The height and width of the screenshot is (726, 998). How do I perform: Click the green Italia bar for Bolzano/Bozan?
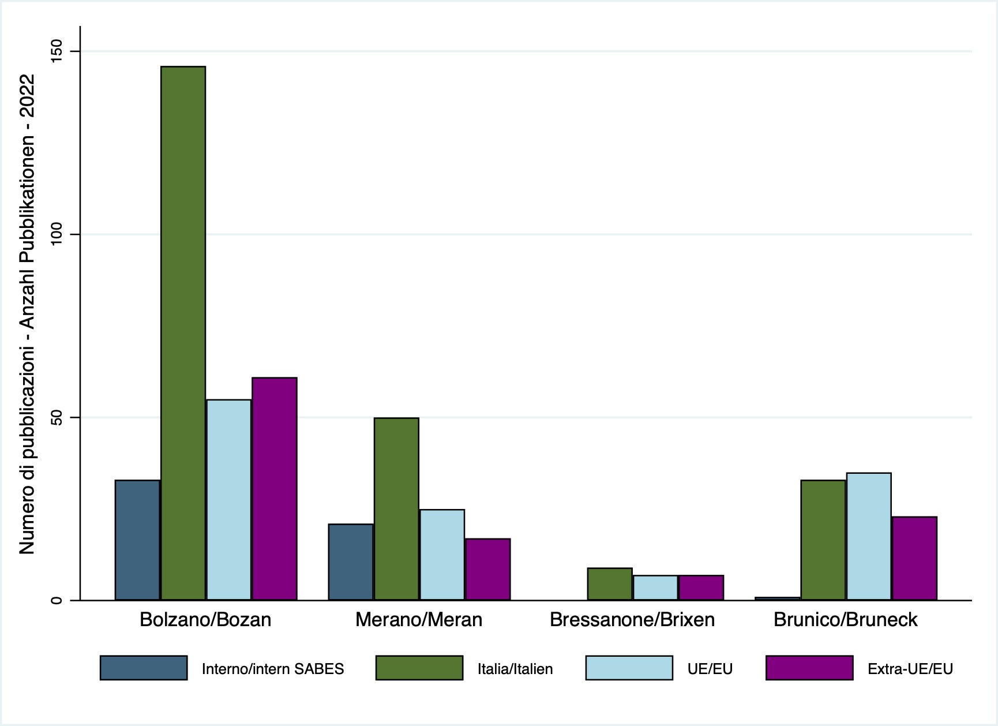point(183,333)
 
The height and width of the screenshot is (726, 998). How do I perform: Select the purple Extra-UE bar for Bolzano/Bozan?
point(275,489)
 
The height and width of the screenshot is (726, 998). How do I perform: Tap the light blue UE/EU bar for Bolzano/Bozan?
point(229,500)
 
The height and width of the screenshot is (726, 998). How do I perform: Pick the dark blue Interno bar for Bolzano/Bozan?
point(137,540)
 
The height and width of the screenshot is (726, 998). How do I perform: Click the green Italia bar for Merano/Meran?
point(396,509)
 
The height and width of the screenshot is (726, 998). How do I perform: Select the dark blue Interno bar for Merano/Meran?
point(351,562)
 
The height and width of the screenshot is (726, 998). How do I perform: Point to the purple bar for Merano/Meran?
point(488,569)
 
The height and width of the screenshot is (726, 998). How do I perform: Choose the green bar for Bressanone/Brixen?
point(610,584)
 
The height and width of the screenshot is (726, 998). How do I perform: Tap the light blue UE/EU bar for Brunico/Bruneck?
point(869,537)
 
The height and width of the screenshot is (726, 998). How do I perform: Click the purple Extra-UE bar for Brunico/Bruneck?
point(914,558)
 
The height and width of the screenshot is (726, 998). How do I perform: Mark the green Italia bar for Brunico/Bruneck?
point(823,540)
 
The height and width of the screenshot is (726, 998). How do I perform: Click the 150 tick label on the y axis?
point(57,52)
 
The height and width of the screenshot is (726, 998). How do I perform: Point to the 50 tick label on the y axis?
point(57,417)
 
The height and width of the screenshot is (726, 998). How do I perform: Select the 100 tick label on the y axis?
point(57,234)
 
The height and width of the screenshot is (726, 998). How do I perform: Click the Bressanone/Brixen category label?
point(632,620)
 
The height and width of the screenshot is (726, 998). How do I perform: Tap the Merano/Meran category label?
point(419,620)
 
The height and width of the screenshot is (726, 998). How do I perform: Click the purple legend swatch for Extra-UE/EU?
point(809,668)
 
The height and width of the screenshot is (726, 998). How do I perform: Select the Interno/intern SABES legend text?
point(273,669)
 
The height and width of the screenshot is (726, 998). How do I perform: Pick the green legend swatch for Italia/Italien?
point(419,668)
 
